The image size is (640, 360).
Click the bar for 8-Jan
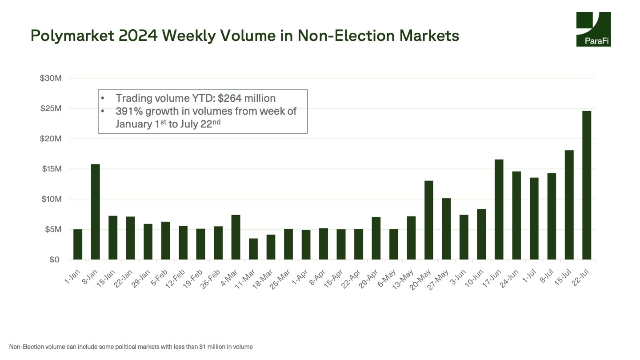point(95,212)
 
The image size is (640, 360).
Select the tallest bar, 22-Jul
point(587,185)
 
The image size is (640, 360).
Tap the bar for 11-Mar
point(253,249)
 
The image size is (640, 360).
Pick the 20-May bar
point(428,220)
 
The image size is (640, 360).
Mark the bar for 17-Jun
point(499,209)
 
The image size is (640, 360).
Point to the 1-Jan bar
point(78,244)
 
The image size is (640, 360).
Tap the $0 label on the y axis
point(54,260)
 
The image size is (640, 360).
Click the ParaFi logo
point(593,29)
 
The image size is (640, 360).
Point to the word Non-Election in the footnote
point(25,347)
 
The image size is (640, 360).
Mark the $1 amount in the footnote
point(203,347)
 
